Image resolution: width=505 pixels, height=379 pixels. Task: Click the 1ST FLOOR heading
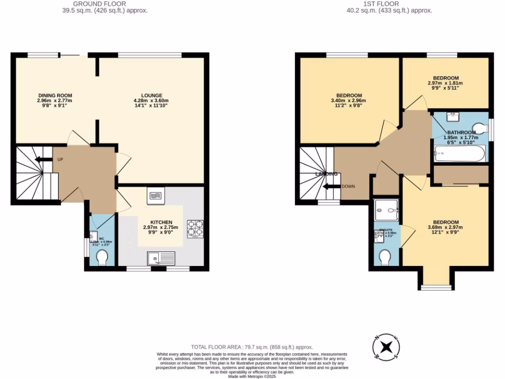tap(389, 4)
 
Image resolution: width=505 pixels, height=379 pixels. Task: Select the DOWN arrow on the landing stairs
tap(330, 187)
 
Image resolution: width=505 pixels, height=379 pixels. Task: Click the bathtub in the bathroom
tap(460, 154)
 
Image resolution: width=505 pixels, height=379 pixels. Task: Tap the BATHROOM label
tap(462, 133)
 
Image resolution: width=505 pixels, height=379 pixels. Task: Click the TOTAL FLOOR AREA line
tap(252, 347)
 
